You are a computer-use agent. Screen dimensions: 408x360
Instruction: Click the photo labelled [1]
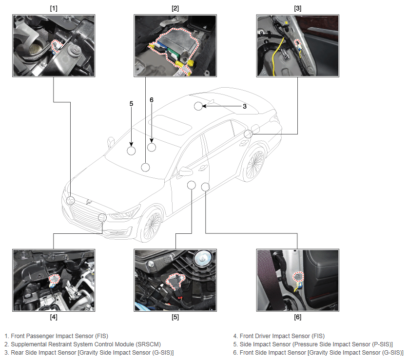click(x=54, y=45)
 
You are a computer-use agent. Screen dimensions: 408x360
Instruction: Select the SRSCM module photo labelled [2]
click(x=175, y=45)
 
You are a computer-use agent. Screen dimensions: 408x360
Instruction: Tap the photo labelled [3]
click(x=298, y=45)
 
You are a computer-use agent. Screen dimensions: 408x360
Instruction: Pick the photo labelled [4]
click(x=54, y=280)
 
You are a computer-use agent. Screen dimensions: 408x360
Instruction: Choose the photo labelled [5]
click(x=175, y=280)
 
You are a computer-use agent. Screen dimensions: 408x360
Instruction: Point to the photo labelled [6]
click(x=298, y=280)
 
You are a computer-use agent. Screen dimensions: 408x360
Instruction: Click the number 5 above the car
click(x=131, y=104)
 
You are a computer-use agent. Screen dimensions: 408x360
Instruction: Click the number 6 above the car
click(x=152, y=100)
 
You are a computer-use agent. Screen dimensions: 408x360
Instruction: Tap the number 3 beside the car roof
click(x=245, y=106)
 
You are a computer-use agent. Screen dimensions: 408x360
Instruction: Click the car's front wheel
click(x=151, y=224)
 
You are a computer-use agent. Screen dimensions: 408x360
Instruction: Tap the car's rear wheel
click(x=253, y=164)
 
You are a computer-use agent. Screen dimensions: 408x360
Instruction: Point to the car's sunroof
click(x=171, y=125)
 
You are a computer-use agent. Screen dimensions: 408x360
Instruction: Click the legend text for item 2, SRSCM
click(x=82, y=344)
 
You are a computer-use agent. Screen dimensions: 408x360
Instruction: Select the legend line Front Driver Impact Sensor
click(x=279, y=336)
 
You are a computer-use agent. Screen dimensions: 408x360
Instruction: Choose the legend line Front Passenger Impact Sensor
click(x=56, y=336)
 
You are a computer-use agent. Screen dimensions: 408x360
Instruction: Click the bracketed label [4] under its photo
click(x=54, y=317)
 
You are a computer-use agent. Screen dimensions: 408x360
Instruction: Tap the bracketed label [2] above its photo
click(x=175, y=8)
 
